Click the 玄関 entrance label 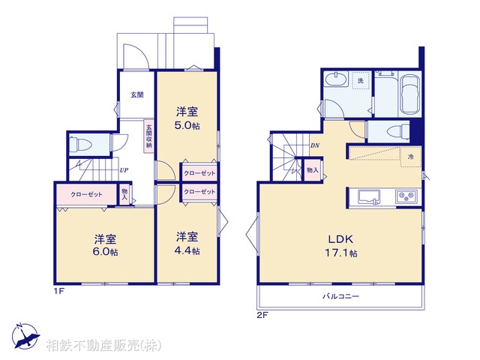[x=136, y=94]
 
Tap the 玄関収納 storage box [x=149, y=136]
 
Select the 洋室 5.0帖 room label [x=187, y=118]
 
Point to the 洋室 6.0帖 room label [x=105, y=245]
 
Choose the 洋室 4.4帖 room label [x=187, y=243]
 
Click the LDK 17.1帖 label [x=341, y=247]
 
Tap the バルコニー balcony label [x=340, y=297]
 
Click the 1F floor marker [x=58, y=291]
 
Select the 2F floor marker [x=262, y=315]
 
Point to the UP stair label [x=123, y=170]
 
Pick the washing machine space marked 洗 [x=361, y=80]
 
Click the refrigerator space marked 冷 [x=410, y=157]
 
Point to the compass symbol [x=25, y=335]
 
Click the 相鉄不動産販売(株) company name [x=103, y=346]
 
